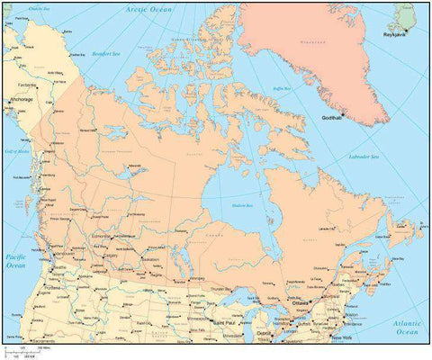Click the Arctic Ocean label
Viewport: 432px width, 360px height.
coord(148,8)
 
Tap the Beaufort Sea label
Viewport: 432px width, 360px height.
coord(106,53)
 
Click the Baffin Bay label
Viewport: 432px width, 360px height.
coord(283,88)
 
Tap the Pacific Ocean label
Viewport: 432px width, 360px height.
coord(16,262)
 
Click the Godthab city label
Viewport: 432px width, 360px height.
coord(335,118)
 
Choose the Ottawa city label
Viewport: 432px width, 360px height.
coord(300,303)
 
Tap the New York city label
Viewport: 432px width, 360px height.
coord(340,337)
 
